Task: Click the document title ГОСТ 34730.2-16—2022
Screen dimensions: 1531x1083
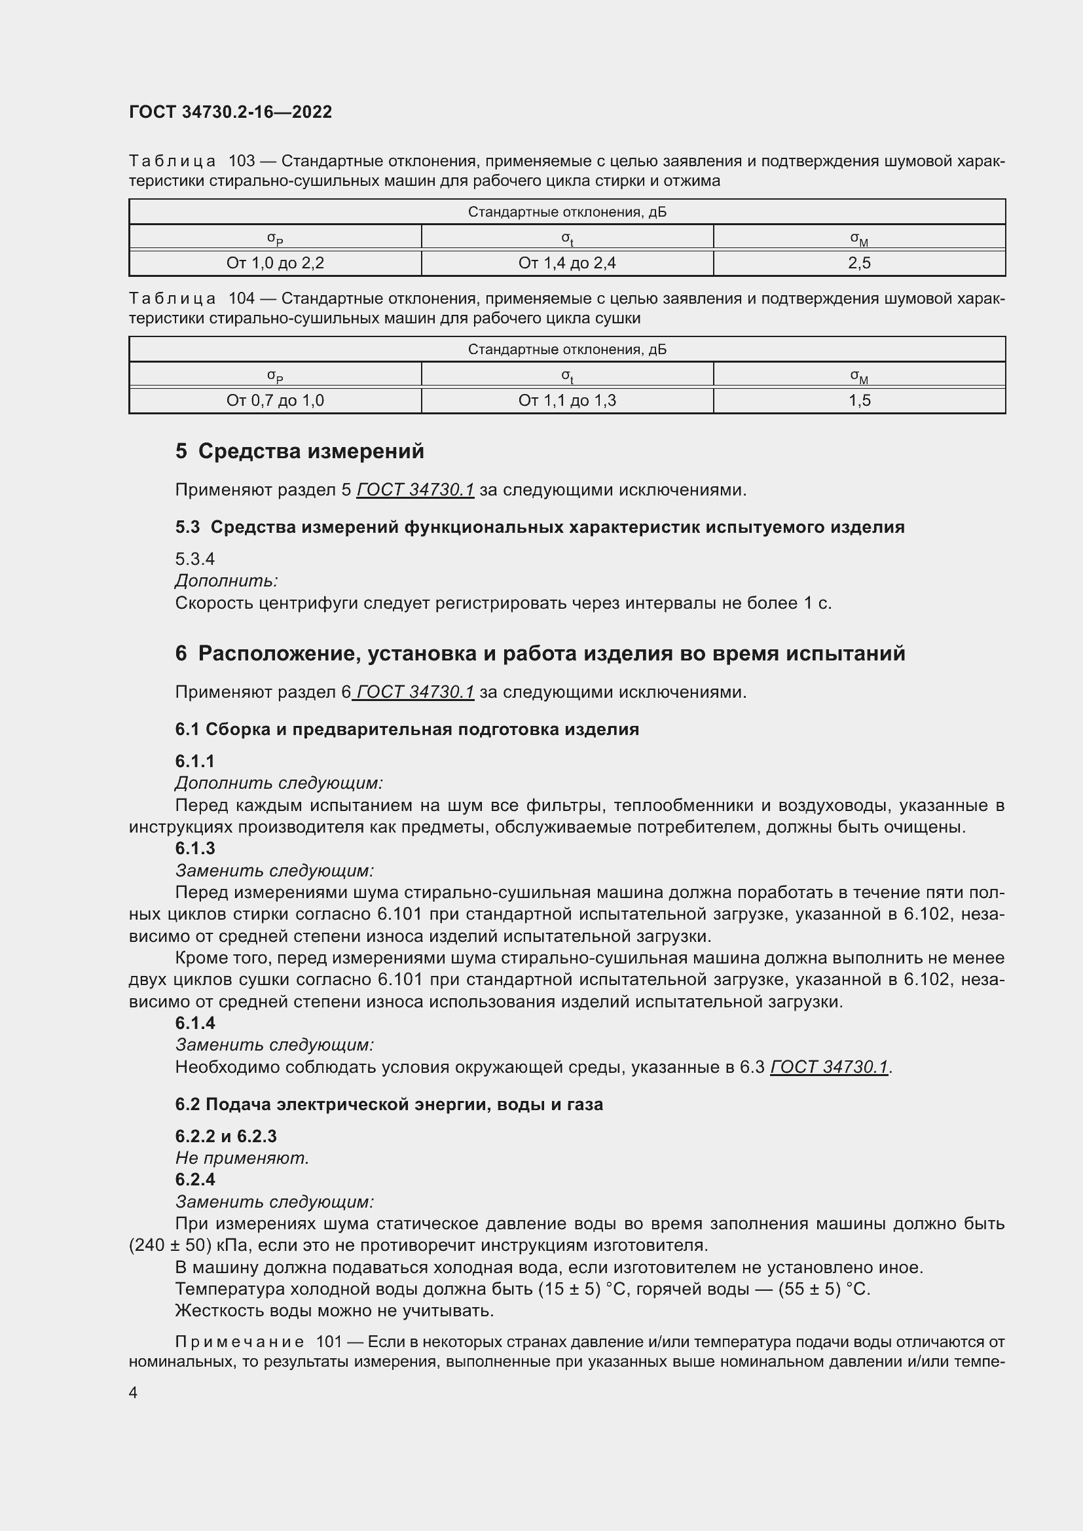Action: [x=230, y=112]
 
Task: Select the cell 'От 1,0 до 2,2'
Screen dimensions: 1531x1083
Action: [x=275, y=263]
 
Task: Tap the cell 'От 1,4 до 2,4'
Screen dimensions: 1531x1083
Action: [x=567, y=263]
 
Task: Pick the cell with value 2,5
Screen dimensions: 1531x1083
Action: [x=859, y=263]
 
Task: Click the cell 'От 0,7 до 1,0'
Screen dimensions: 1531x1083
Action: [x=275, y=401]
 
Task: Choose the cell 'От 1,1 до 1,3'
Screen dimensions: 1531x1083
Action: [x=567, y=401]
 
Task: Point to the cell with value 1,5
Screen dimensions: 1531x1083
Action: [x=859, y=401]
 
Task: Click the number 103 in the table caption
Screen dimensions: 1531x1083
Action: [x=242, y=162]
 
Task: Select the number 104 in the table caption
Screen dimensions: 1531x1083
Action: [x=242, y=298]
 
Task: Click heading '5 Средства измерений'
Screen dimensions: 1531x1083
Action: [x=299, y=452]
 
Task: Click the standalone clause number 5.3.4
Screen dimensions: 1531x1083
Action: [x=194, y=559]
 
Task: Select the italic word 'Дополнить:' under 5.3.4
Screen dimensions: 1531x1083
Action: [x=226, y=581]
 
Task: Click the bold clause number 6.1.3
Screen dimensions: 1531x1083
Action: [x=194, y=848]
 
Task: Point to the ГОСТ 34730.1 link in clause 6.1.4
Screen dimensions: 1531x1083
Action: [x=829, y=1067]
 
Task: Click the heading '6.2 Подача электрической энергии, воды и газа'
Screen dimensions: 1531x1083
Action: [x=389, y=1104]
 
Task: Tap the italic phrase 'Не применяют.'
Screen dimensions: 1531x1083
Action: [x=242, y=1158]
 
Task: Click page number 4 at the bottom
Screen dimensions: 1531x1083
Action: [x=133, y=1392]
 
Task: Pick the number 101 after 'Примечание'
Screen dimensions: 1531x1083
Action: [x=329, y=1342]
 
